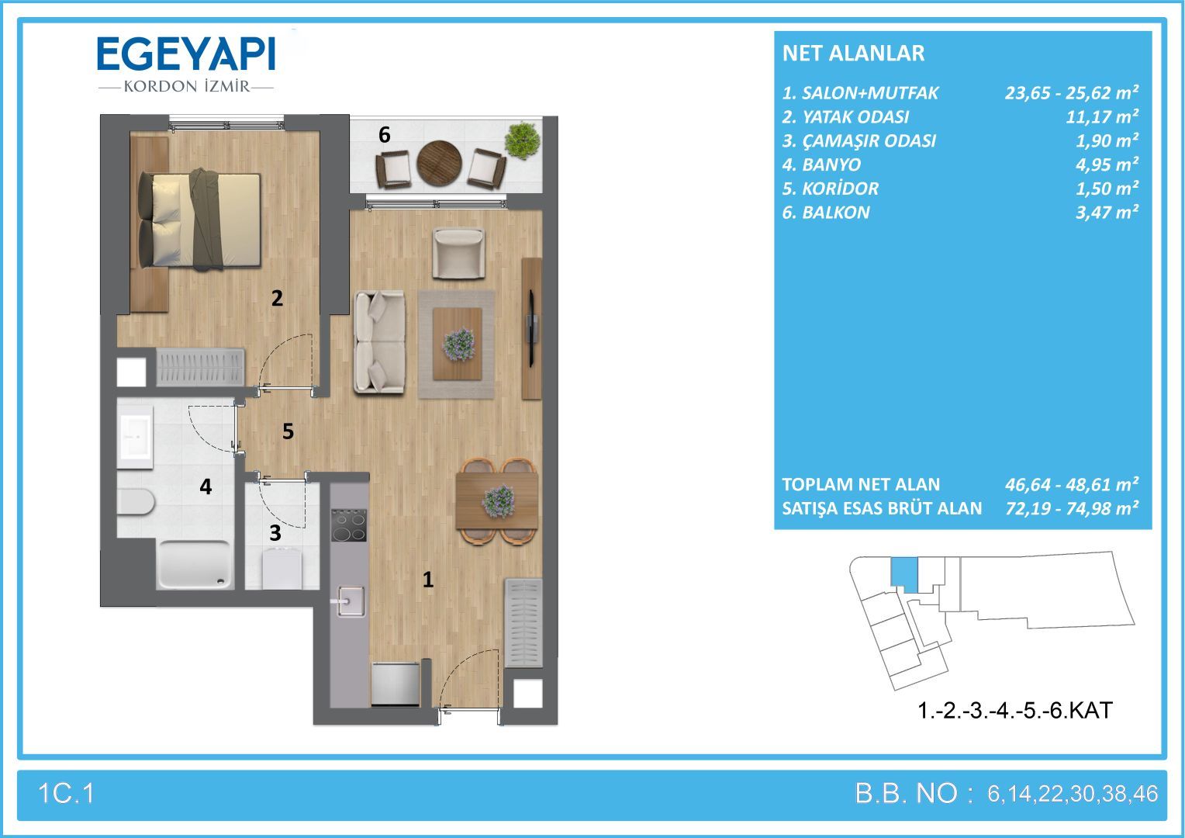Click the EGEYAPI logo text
[186, 54]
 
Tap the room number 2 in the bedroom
[277, 299]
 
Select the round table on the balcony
[439, 163]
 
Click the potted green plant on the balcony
[522, 140]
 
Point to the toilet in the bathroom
[136, 500]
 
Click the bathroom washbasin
[136, 437]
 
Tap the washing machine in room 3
[282, 569]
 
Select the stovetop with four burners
[349, 525]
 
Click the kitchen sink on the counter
[349, 601]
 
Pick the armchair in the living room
[458, 252]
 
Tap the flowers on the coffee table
[458, 345]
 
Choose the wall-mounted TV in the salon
[533, 329]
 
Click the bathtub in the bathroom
[195, 564]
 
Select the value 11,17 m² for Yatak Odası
[1102, 116]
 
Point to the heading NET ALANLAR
[853, 54]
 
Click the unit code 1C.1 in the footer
[66, 794]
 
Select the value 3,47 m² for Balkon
[1107, 213]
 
